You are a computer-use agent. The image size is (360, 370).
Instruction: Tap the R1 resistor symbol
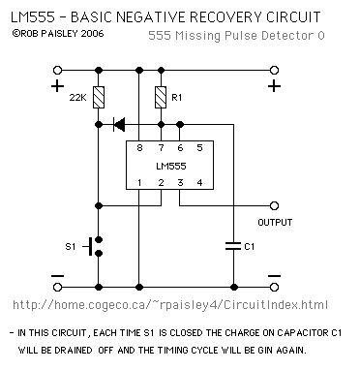click(x=161, y=97)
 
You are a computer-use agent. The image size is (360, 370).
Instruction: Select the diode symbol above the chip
click(x=119, y=124)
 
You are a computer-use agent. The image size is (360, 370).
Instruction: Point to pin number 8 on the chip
click(x=139, y=148)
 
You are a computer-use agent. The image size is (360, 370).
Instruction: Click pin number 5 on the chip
click(x=197, y=148)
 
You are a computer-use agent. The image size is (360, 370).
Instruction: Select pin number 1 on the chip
click(x=139, y=183)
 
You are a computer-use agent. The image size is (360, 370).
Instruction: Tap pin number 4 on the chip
click(x=197, y=183)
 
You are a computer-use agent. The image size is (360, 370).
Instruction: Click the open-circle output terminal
click(x=275, y=205)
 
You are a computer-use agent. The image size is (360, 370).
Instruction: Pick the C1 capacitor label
click(x=250, y=246)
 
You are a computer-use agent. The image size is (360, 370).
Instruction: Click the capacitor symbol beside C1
click(x=231, y=246)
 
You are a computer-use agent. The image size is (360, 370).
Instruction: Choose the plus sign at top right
click(x=275, y=87)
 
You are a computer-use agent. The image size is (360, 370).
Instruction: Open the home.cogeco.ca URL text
click(x=183, y=304)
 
